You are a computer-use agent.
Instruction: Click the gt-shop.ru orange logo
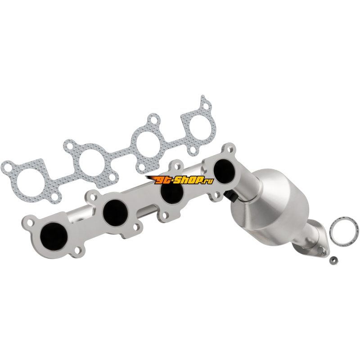point(180,180)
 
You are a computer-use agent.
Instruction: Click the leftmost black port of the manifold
point(54,237)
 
